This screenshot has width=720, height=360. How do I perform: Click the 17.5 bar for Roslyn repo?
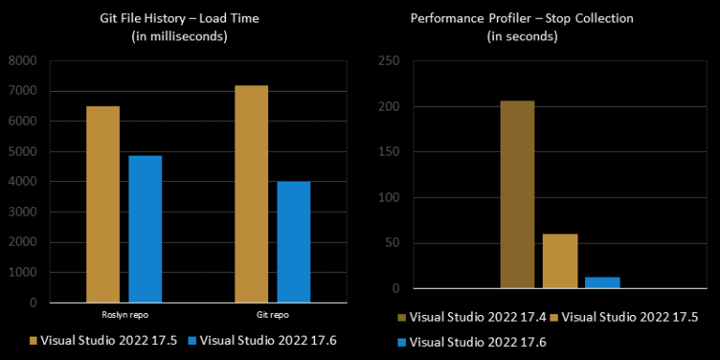click(103, 204)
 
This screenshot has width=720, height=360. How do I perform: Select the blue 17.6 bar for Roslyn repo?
click(145, 229)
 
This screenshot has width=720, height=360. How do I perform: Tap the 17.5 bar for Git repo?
click(251, 194)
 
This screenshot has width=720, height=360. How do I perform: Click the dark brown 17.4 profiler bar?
click(517, 194)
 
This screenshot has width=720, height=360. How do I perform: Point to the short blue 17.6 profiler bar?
click(603, 282)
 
